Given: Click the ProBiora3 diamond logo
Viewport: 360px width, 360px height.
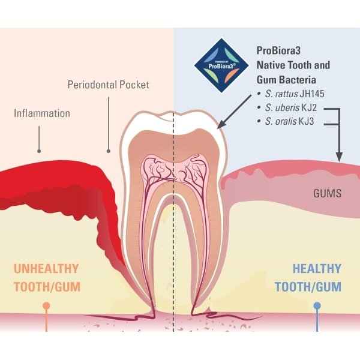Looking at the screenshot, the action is tap(221, 65).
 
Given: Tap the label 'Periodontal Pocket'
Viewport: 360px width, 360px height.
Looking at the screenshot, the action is tap(109, 85).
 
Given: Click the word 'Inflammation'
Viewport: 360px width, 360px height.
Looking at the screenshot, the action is tap(42, 113).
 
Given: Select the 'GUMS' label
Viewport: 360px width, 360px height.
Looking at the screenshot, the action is tap(327, 194).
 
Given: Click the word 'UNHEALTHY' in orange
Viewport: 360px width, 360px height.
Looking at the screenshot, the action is tap(46, 269).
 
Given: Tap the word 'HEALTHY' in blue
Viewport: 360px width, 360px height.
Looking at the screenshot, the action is tap(317, 269).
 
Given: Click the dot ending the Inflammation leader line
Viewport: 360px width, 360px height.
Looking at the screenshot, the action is tap(39, 151).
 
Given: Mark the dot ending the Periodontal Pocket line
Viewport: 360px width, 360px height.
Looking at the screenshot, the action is tap(109, 151).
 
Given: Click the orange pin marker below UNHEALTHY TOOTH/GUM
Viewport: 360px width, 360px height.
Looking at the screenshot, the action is tap(46, 306).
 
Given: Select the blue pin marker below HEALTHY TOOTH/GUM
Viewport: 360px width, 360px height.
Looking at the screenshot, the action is tap(317, 306).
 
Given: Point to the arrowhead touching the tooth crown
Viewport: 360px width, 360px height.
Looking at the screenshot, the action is tap(221, 125).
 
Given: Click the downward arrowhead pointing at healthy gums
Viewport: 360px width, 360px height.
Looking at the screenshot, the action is tap(339, 156).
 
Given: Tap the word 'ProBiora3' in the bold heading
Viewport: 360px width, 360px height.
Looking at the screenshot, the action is tap(278, 50).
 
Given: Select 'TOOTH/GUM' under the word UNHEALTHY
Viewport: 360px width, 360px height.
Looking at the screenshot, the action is tap(47, 287).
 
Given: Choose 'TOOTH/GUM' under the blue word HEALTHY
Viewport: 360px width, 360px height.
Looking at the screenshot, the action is tap(308, 287).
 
